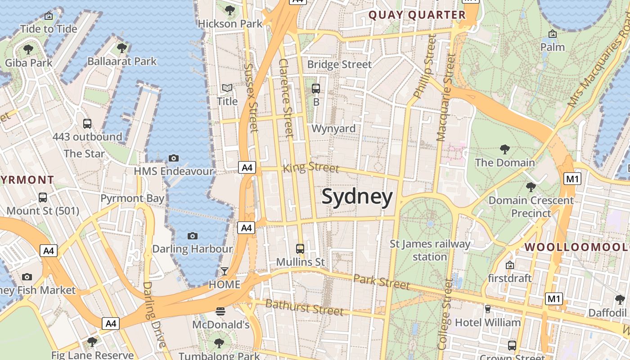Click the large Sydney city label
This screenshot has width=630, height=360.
pos(357,198)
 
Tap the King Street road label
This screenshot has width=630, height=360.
pos(311,168)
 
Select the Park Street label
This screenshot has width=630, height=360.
pos(382,281)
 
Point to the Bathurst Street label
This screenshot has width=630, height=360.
pos(304,307)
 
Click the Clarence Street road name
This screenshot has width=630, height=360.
pos(286,98)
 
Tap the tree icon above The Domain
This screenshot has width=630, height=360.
pos(505,149)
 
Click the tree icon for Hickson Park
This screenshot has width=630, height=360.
pos(230,10)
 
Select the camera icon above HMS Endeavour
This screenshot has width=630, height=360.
pos(174,158)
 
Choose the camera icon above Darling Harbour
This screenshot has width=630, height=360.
pos(193,236)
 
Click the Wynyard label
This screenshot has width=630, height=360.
pos(333,129)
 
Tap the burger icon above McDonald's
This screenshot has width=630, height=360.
pos(220,311)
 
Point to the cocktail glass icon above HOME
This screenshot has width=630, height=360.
pos(224,271)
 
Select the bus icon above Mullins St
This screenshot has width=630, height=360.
pos(300,248)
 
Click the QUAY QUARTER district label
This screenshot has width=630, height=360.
pos(417,15)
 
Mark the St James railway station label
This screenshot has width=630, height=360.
pos(430,250)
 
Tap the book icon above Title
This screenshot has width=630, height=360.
pos(227,88)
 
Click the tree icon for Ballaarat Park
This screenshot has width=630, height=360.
pos(121,48)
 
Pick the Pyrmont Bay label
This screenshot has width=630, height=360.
pos(132,198)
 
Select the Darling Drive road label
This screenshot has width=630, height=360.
pos(154,315)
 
